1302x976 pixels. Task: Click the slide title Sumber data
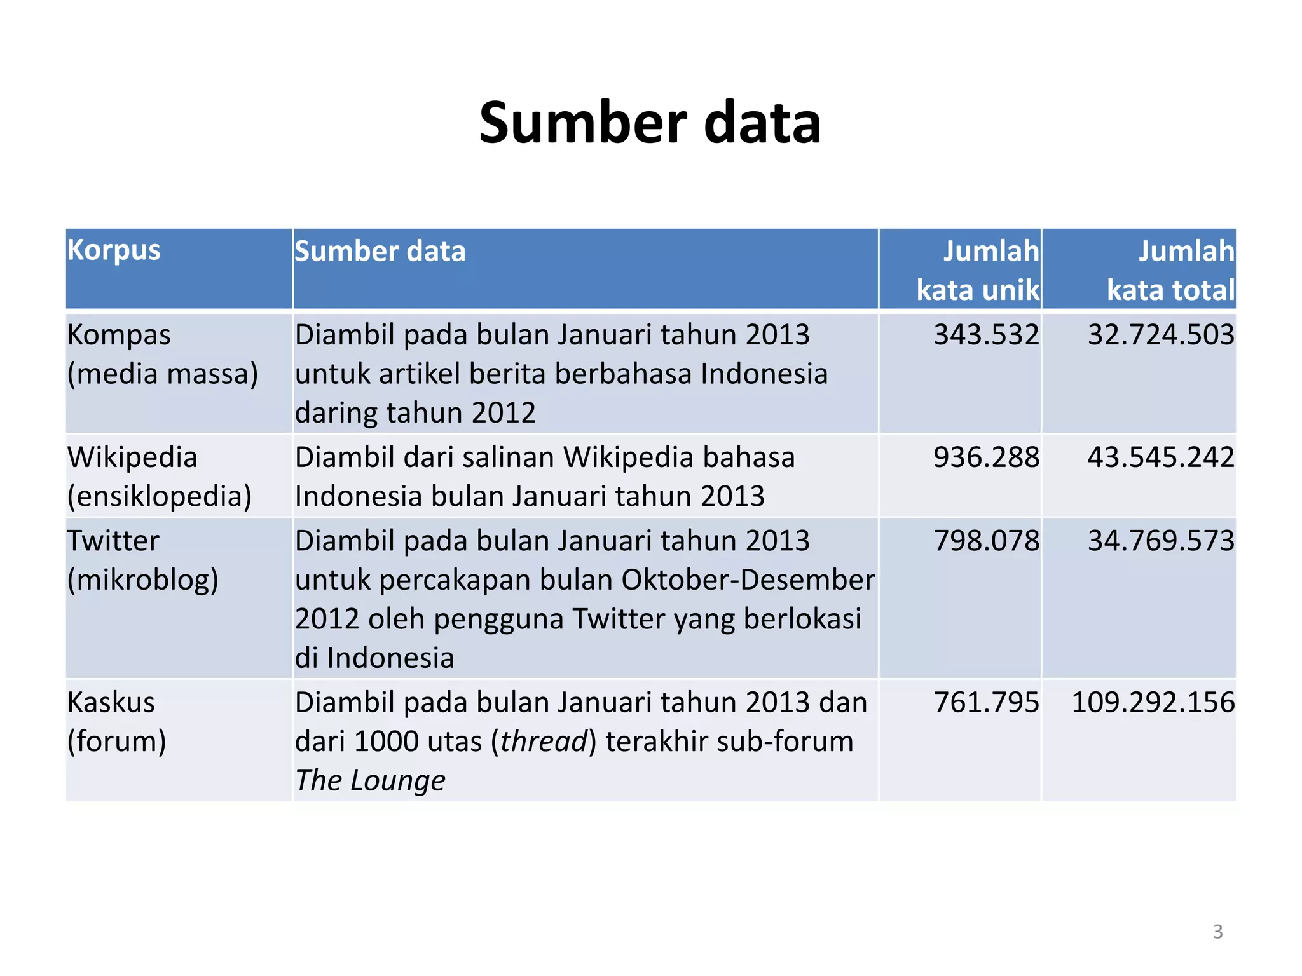tap(650, 123)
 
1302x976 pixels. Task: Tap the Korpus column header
tap(114, 250)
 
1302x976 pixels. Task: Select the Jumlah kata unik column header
tap(978, 270)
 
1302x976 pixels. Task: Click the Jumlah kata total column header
tap(1170, 270)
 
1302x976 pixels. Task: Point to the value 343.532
tap(986, 335)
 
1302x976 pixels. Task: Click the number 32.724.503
tap(1161, 335)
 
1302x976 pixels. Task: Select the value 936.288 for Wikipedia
tap(986, 457)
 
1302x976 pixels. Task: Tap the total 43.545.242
tap(1161, 457)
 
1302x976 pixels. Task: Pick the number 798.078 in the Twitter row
tap(986, 541)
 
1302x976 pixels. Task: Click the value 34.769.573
tap(1161, 541)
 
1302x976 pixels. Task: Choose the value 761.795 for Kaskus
tap(986, 702)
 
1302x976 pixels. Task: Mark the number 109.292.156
tap(1153, 702)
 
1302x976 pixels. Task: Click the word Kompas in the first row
tap(119, 335)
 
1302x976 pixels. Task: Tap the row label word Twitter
tap(113, 541)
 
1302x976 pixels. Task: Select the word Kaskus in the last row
tap(111, 702)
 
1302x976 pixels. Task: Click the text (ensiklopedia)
tap(160, 496)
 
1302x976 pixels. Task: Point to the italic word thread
tap(544, 742)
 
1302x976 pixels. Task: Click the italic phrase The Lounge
tap(370, 780)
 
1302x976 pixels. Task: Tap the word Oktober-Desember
tap(748, 579)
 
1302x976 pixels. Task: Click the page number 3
tap(1217, 932)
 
